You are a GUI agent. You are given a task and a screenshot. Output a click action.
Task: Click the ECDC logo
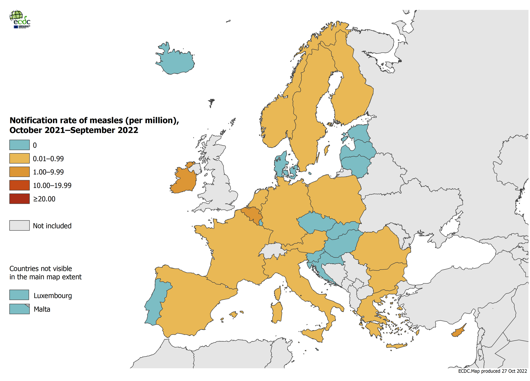click(x=20, y=19)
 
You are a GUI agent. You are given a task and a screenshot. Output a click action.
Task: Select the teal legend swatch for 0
click(x=19, y=145)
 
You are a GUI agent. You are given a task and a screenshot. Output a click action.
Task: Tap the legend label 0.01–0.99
click(x=48, y=159)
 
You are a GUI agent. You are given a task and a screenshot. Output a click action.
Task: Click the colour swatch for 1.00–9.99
click(x=19, y=172)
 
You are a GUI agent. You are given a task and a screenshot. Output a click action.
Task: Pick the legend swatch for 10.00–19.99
click(x=19, y=185)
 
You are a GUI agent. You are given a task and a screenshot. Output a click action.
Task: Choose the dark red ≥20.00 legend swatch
click(x=19, y=199)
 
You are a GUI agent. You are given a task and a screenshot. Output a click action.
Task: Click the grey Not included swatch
click(x=19, y=225)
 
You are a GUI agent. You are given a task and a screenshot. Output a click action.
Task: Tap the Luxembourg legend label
click(x=53, y=296)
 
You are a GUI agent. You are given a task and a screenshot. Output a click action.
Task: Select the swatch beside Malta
click(x=19, y=309)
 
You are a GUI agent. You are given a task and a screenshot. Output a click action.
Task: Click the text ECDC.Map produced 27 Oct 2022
click(x=493, y=371)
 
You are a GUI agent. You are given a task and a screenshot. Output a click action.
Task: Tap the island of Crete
click(x=396, y=346)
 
